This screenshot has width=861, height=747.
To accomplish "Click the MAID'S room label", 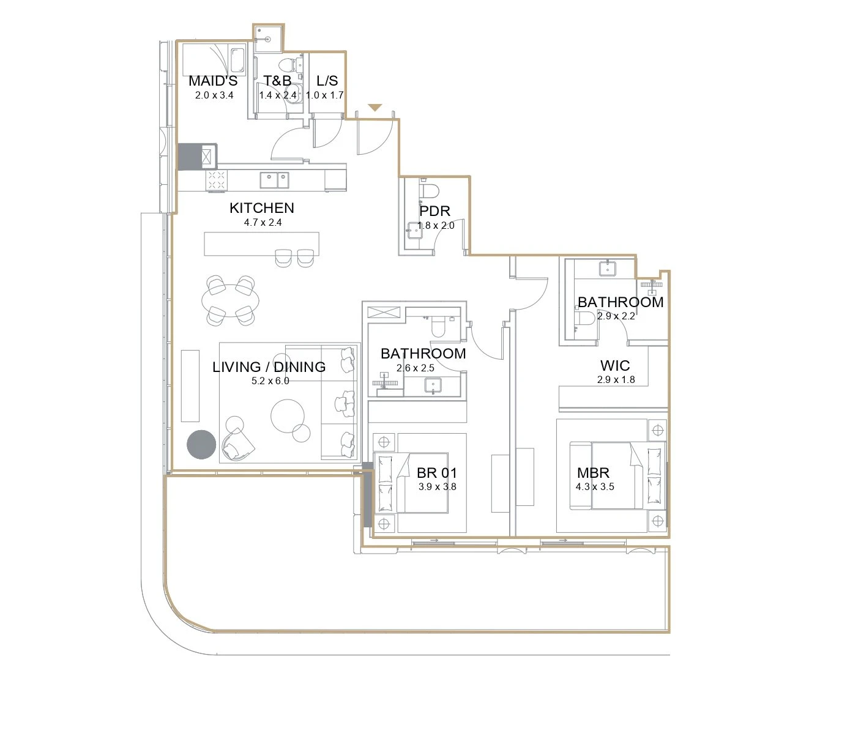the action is pos(213,81).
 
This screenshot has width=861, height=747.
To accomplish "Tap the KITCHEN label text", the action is pos(262,208).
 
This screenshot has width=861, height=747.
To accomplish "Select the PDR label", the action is pos(434,210).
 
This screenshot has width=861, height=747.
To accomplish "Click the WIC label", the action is pos(615,365).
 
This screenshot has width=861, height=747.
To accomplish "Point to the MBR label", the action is pos(593,473).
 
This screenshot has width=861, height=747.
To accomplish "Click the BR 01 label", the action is pos(436,473).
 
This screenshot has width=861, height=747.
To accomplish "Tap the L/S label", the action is pos(327,81).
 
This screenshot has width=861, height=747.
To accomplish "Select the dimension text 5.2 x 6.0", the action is pos(270,381).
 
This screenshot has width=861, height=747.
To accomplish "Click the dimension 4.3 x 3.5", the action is pos(595,486).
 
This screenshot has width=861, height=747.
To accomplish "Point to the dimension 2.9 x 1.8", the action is pos(616,380).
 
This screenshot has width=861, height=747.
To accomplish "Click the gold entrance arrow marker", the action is pos(375,108).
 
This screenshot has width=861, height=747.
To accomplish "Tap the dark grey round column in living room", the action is pos(201,445).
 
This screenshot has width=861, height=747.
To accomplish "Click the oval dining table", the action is pos(230,300).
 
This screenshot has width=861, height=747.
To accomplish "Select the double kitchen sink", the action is pos(274,180).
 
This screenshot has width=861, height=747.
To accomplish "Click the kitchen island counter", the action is pos(261,244).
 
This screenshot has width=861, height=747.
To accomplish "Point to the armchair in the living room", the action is pos(238,444).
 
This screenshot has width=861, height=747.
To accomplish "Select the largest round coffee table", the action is pos(288,416).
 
